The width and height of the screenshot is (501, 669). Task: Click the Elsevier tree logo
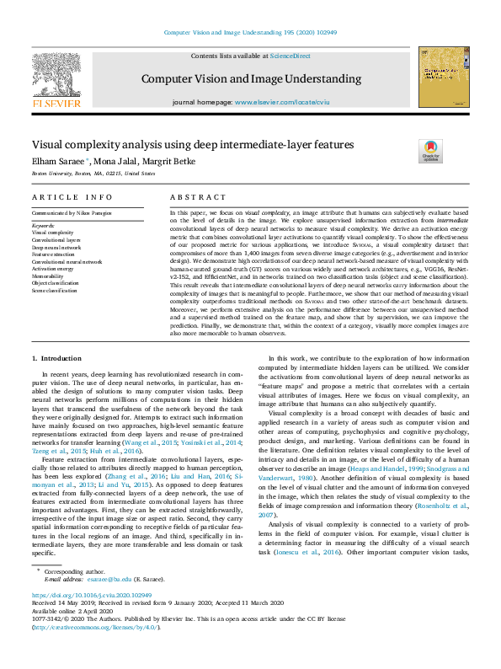coord(56,79)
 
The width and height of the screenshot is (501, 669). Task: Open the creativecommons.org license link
coord(92,628)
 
